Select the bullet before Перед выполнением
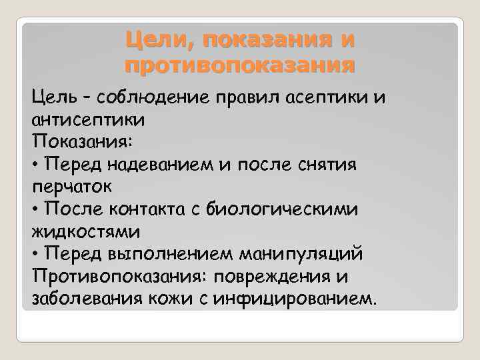click(x=35, y=254)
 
